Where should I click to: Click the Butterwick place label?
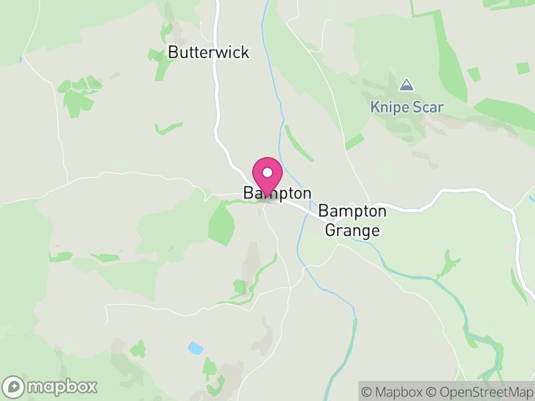click(x=209, y=52)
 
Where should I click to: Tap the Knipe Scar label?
click(x=407, y=107)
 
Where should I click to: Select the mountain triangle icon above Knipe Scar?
click(x=406, y=86)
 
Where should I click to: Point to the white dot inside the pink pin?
click(x=267, y=173)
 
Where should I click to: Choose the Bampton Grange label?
click(x=352, y=221)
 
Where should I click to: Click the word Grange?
click(x=352, y=231)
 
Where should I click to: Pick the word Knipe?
click(x=391, y=107)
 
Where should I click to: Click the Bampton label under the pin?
click(x=278, y=193)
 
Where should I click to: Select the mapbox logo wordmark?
click(x=62, y=386)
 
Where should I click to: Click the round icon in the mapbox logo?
click(x=13, y=386)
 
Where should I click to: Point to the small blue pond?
click(x=195, y=348)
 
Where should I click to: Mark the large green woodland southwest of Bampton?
click(x=221, y=223)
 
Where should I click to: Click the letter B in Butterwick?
click(x=173, y=52)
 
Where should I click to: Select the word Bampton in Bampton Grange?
click(x=352, y=211)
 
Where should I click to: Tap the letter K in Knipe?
click(x=375, y=107)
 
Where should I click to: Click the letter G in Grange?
click(x=330, y=231)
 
